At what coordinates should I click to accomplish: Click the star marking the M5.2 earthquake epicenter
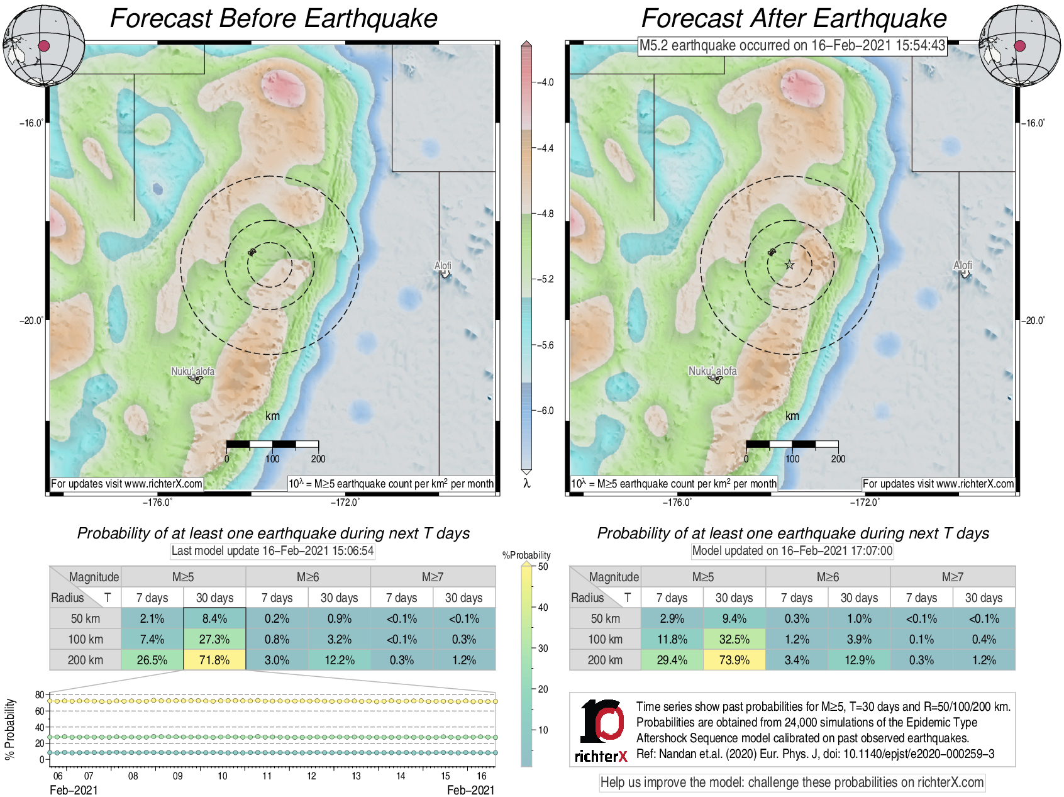pos(790,265)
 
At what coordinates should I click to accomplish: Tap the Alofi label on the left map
pos(443,266)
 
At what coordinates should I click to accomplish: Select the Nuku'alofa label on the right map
pos(712,371)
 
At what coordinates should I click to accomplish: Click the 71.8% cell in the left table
pos(214,660)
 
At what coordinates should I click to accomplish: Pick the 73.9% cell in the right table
pos(734,660)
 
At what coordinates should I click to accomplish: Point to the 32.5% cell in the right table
pos(734,639)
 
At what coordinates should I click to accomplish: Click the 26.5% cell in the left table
pos(152,660)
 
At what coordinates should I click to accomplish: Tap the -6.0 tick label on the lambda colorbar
pos(546,411)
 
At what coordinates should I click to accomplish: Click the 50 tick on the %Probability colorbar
pos(543,567)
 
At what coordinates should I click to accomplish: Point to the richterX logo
pos(601,730)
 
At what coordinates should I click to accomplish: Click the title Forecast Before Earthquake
pos(274,18)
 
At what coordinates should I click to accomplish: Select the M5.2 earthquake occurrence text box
pos(792,45)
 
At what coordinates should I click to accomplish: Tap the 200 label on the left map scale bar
pos(318,459)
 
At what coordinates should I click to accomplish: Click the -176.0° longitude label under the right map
pos(677,502)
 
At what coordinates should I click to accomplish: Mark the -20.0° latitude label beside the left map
pos(31,321)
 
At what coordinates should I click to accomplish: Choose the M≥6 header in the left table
pos(308,577)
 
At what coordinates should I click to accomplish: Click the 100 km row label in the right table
pos(605,639)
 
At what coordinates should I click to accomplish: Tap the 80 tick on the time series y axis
pos(39,695)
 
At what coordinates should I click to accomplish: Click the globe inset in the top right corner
pos(1020,46)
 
